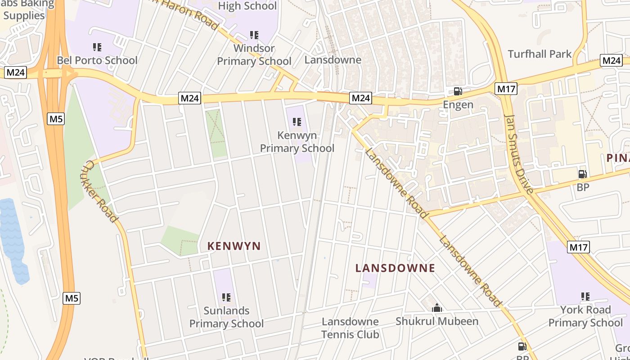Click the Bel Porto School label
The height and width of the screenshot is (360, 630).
[97, 60]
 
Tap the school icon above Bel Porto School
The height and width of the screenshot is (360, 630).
[97, 47]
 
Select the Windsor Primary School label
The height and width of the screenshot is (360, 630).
[254, 54]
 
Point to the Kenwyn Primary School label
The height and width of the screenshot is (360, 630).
[297, 142]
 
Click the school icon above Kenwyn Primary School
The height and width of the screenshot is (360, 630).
[297, 121]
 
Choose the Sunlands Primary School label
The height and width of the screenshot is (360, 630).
[226, 317]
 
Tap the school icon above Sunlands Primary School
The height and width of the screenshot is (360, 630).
[226, 297]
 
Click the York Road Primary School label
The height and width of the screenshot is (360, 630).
[585, 316]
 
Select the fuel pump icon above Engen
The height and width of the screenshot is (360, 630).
[458, 91]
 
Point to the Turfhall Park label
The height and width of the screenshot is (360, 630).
[540, 54]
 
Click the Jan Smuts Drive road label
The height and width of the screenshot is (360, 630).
[519, 153]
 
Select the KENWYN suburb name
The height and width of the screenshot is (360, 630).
[234, 246]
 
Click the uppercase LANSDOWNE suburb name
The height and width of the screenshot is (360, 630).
[395, 268]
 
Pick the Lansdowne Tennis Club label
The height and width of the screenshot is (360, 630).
[350, 328]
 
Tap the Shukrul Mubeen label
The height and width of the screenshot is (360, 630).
[437, 321]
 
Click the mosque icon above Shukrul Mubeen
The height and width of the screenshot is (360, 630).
[436, 308]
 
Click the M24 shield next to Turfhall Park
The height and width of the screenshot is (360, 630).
[611, 61]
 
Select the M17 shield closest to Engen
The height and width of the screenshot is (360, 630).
[506, 89]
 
